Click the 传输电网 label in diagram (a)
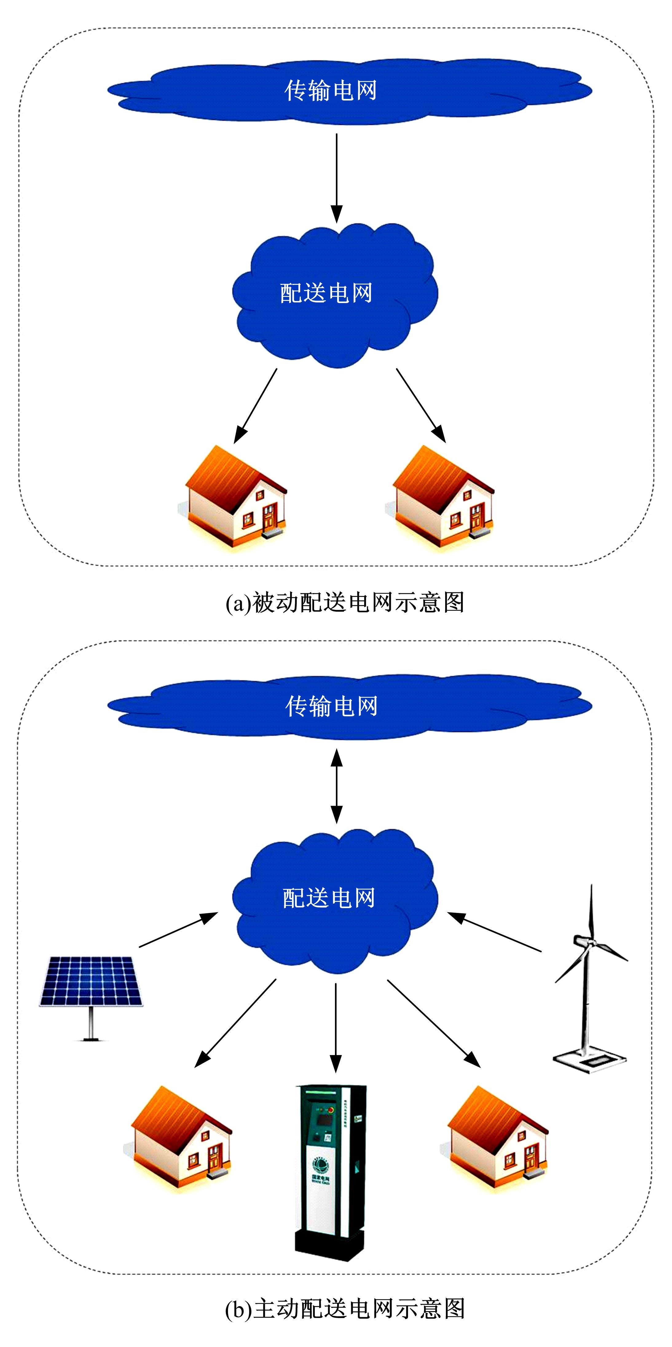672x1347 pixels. tap(330, 90)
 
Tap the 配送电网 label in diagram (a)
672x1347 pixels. tap(326, 293)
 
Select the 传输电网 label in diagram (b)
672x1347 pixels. tap(331, 706)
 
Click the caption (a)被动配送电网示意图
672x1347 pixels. tap(345, 602)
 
